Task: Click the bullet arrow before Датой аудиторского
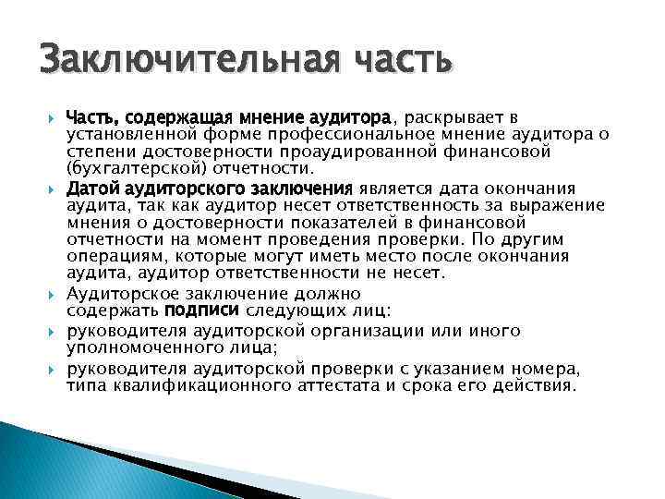point(53,189)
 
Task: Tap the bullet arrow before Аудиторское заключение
point(53,293)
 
